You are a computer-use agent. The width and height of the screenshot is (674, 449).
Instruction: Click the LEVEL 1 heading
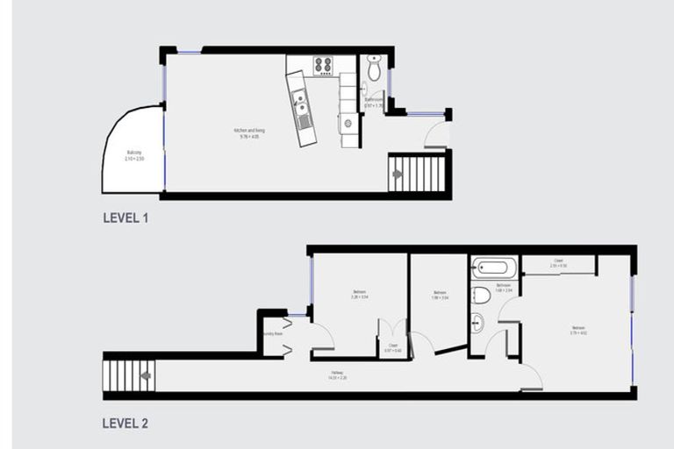[125, 218]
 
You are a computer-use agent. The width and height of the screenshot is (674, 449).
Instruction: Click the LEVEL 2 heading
[125, 424]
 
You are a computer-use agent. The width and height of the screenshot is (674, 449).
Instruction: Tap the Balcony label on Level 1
[134, 154]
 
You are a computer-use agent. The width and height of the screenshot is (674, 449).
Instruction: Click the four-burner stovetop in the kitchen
[324, 64]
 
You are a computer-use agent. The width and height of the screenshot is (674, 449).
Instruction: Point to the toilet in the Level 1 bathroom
[374, 69]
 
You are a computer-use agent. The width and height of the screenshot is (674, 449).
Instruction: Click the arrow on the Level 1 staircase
[398, 174]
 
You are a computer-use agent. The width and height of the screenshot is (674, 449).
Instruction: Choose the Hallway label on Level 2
[337, 375]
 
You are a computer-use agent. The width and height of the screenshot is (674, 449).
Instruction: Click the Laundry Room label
[272, 334]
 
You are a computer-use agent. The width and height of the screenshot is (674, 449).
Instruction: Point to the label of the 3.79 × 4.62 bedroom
[577, 331]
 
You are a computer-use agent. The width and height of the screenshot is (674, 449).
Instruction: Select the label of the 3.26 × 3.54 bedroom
[360, 294]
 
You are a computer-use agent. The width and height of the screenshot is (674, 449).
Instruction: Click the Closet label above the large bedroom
[558, 263]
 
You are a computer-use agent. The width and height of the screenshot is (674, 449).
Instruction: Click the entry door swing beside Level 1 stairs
[434, 136]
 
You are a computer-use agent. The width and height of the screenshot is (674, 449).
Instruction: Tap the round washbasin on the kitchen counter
[348, 123]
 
